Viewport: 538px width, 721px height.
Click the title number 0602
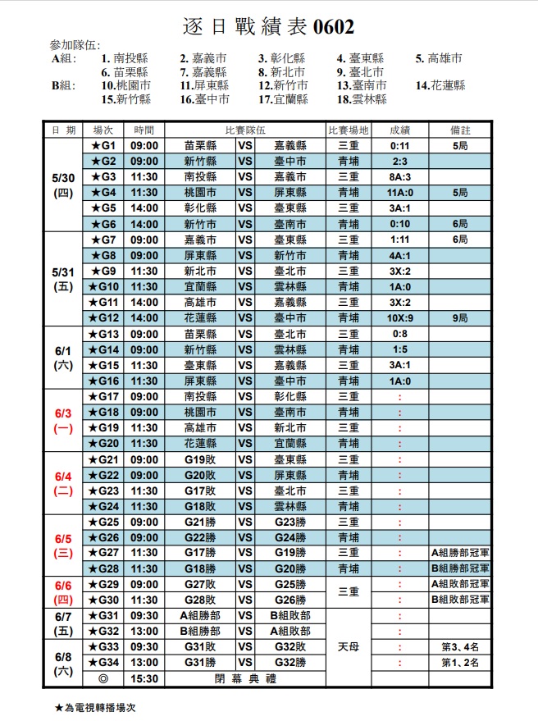tap(334, 28)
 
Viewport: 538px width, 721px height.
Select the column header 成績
tap(399, 130)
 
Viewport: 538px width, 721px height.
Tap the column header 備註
tap(459, 130)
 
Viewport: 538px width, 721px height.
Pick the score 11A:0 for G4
tap(399, 192)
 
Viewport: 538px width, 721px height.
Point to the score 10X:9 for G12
tap(399, 317)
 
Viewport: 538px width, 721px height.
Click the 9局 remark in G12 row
tap(459, 317)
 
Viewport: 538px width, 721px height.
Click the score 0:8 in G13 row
tap(399, 334)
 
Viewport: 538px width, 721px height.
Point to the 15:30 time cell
tap(144, 678)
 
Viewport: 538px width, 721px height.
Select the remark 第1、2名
tap(459, 663)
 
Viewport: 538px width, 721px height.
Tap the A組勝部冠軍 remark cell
tap(459, 553)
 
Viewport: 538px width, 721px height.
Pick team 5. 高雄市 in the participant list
tap(439, 58)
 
